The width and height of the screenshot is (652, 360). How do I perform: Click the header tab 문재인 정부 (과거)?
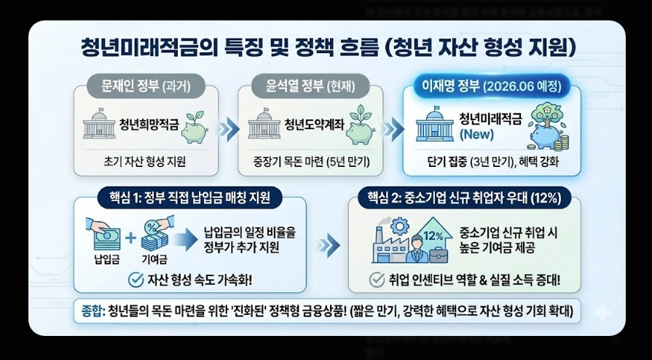click(x=144, y=86)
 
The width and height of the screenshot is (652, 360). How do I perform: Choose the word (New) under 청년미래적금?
click(x=479, y=134)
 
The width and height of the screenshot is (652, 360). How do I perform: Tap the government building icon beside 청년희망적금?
click(x=100, y=126)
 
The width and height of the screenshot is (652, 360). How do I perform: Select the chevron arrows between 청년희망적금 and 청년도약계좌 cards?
click(x=228, y=130)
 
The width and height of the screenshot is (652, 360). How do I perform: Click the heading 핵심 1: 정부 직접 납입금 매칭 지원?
click(x=189, y=197)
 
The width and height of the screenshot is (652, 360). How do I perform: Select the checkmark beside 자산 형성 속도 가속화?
click(x=135, y=279)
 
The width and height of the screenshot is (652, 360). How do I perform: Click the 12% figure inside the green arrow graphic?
click(x=433, y=235)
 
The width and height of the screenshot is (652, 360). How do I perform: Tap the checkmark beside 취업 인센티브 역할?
click(x=377, y=280)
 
